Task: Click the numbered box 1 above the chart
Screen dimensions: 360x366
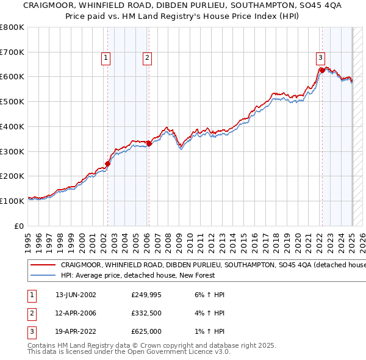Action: (x=106, y=58)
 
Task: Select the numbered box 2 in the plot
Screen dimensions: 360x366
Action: (x=148, y=58)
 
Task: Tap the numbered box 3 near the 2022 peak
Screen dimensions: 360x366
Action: (x=320, y=58)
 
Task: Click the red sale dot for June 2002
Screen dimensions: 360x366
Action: (x=108, y=164)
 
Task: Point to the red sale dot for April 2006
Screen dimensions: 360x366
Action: (x=149, y=143)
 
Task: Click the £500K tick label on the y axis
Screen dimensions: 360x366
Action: (x=12, y=101)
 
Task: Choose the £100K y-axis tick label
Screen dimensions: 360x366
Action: (x=12, y=201)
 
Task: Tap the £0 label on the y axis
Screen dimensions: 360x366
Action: (x=20, y=226)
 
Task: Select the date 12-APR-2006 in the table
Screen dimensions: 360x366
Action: (x=76, y=314)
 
